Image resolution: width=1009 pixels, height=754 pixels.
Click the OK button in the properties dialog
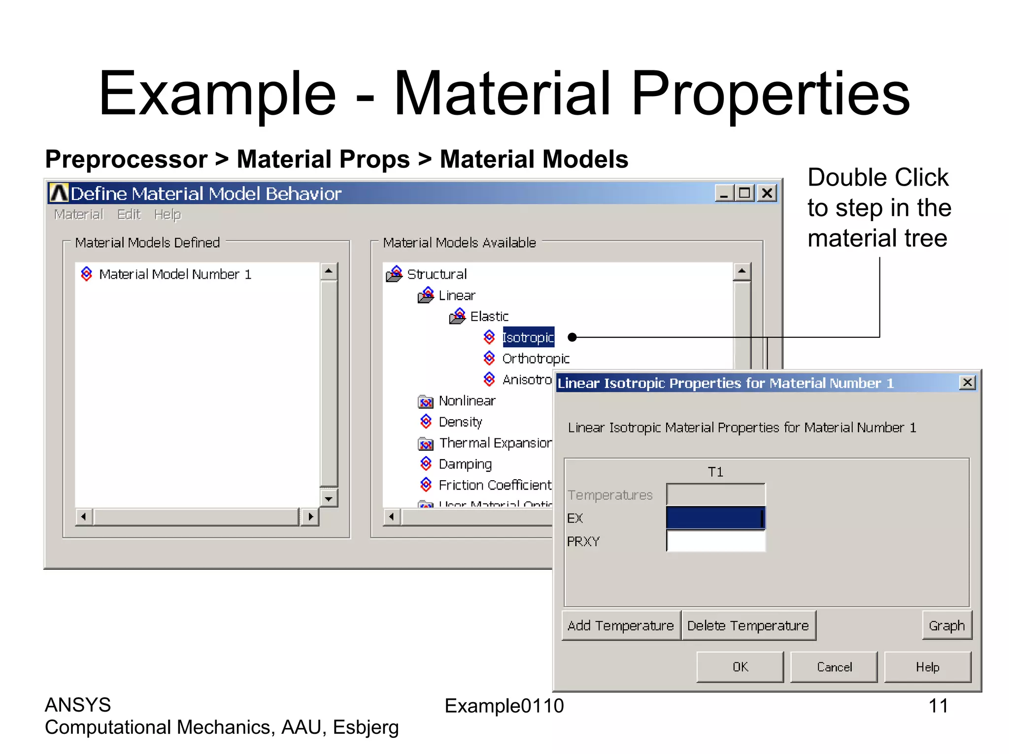[x=740, y=667]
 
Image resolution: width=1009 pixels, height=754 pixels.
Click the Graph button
[x=946, y=625]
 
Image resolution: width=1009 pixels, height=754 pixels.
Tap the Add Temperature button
[x=621, y=625]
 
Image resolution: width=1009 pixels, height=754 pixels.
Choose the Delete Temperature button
[x=748, y=625]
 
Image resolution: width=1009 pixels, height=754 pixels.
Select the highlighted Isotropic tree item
[x=528, y=337]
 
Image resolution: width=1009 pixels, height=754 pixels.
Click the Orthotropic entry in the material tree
[x=536, y=359]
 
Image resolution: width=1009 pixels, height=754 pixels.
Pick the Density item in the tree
[x=460, y=422]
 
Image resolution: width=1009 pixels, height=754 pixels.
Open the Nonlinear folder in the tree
[x=467, y=401]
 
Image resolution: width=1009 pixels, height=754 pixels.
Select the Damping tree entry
[x=465, y=464]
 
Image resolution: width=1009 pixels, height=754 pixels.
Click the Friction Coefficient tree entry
[x=495, y=485]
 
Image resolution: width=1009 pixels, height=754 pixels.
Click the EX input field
[x=715, y=518]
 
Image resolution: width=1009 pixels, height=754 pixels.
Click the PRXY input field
[x=715, y=541]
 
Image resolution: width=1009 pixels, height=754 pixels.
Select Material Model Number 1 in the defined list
[x=175, y=274]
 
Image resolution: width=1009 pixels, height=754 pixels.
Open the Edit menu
[x=129, y=215]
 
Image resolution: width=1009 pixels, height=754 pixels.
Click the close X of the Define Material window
[x=767, y=193]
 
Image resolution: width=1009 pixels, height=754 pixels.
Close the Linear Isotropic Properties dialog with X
[x=967, y=383]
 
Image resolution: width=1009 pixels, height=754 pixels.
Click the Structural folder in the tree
[x=437, y=274]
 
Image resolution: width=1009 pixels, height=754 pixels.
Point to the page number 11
[x=938, y=706]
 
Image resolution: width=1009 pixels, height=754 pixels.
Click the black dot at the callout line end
[x=572, y=337]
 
